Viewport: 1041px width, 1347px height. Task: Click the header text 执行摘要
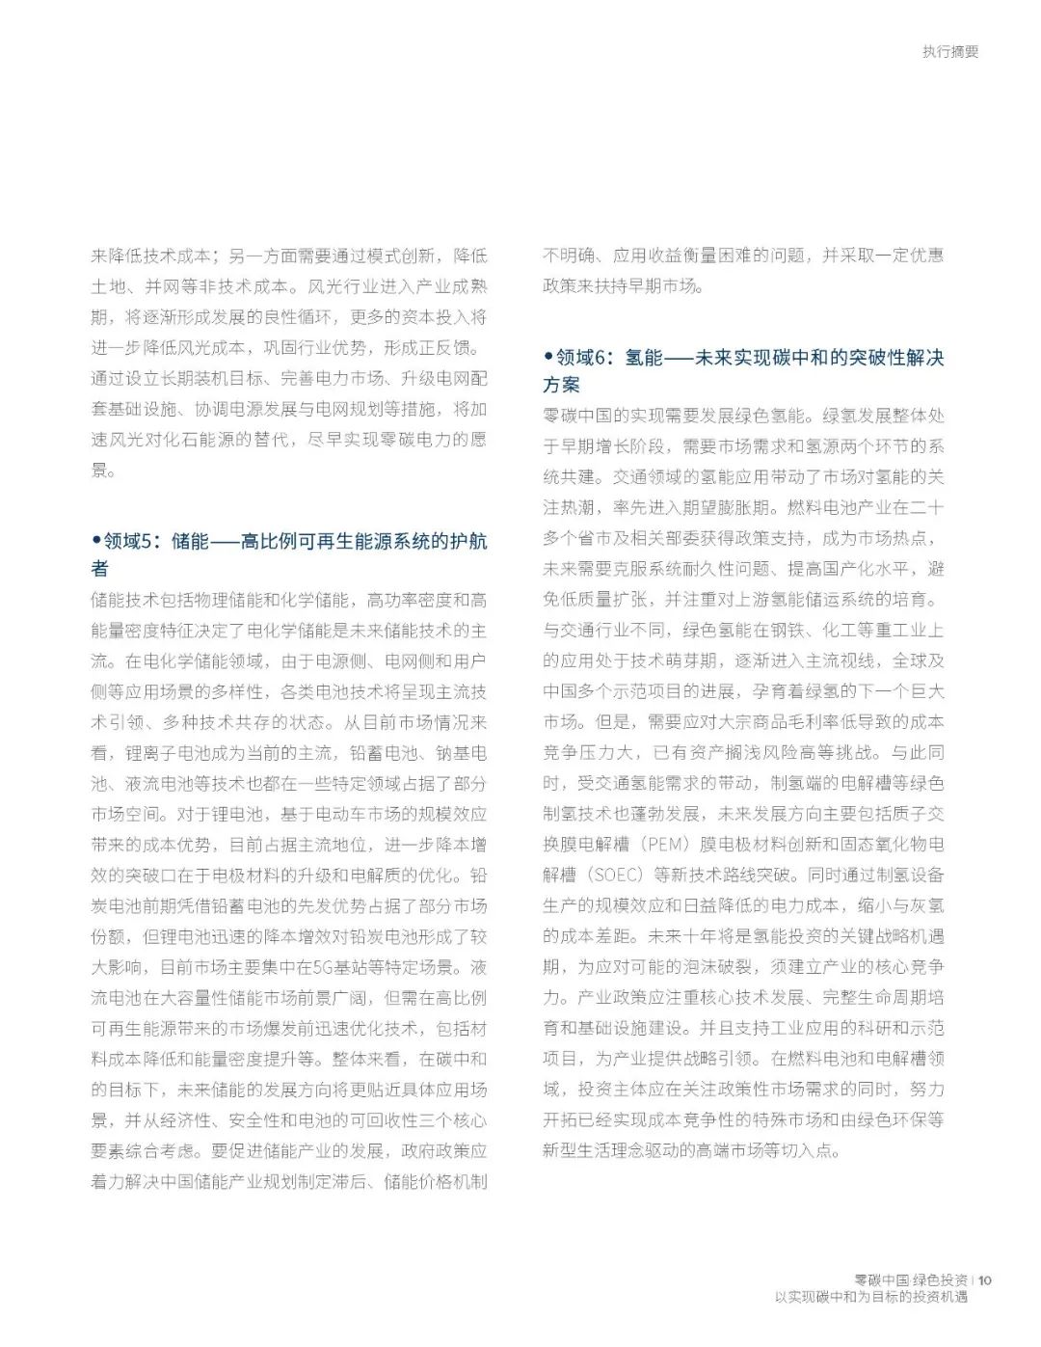pos(949,52)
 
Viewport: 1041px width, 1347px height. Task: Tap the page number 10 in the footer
pos(984,1280)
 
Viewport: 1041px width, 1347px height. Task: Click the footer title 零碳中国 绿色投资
pos(912,1280)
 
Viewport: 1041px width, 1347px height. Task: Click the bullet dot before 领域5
pos(95,541)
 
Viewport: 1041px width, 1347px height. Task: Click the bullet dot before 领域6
pos(547,358)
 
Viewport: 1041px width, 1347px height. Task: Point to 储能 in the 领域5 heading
pos(190,542)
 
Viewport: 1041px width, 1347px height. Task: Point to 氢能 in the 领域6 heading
pos(643,358)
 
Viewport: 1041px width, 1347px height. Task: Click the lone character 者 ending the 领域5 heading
pos(100,568)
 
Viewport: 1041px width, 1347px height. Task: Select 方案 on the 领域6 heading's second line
pos(561,385)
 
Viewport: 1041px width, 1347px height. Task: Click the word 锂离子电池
pos(161,753)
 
